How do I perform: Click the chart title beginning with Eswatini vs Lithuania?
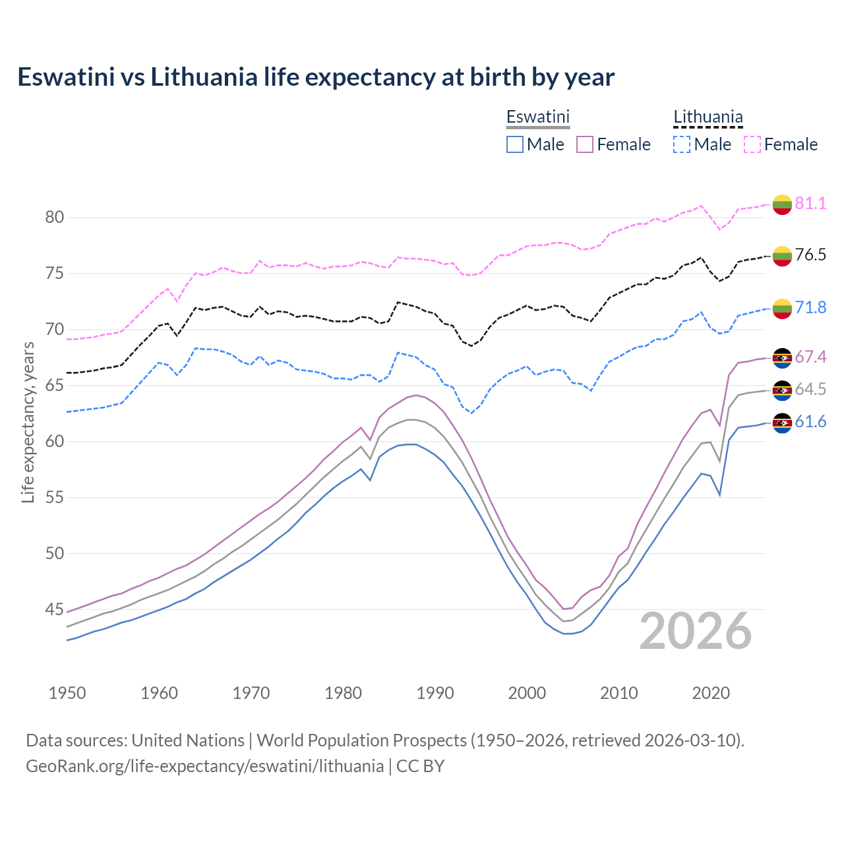(316, 77)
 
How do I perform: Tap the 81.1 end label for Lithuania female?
(810, 203)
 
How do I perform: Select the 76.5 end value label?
(810, 255)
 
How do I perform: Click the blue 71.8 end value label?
(810, 307)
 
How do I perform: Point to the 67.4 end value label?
(810, 357)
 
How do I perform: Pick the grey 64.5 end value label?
(810, 389)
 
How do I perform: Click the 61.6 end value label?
(810, 422)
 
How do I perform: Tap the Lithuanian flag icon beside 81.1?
(782, 204)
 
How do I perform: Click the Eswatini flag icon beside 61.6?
(782, 423)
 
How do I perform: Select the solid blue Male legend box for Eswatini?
(515, 144)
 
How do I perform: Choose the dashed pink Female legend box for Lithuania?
(752, 144)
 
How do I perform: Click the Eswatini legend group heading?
(537, 117)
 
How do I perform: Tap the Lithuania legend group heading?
(708, 117)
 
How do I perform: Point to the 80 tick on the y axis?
(54, 218)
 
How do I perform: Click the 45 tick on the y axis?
(54, 610)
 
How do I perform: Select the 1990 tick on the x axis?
(435, 693)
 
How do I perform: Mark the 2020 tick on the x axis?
(711, 693)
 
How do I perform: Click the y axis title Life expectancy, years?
(28, 422)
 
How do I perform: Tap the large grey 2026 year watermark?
(696, 631)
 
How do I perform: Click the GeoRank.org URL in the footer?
(205, 766)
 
